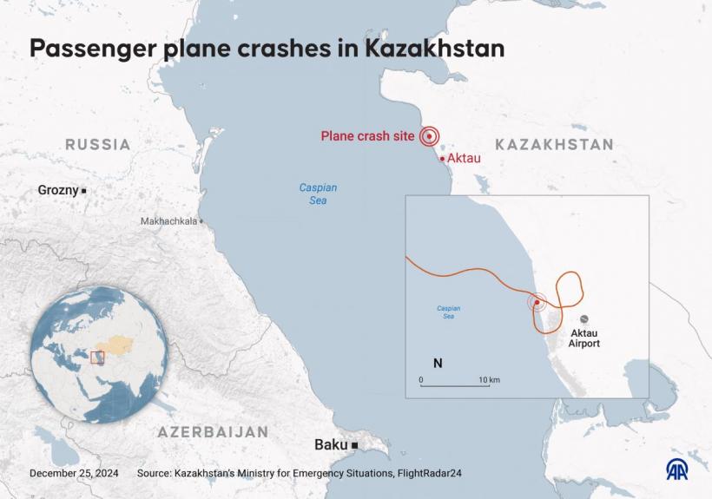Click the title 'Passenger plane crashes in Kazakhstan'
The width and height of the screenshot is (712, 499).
[267, 49]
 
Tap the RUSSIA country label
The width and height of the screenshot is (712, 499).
[98, 145]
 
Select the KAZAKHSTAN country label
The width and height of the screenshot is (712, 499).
[554, 145]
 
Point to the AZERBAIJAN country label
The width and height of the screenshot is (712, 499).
[213, 431]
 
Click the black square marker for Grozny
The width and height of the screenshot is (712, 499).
[84, 190]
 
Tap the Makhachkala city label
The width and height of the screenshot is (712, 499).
[168, 221]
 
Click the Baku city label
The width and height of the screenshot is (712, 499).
[331, 445]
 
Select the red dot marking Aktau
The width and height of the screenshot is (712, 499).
[442, 159]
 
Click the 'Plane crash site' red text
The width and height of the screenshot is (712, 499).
[367, 136]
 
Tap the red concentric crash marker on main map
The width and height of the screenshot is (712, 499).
[429, 136]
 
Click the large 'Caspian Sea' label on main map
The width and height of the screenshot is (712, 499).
[318, 194]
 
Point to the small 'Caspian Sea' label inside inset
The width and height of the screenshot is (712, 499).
[448, 312]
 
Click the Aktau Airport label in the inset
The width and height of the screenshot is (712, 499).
[583, 338]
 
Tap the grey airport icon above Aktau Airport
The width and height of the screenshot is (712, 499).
[584, 318]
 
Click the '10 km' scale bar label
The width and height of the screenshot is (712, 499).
[489, 380]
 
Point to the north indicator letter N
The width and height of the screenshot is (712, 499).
[438, 364]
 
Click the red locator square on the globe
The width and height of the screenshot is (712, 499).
[97, 358]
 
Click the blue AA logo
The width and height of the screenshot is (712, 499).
[677, 469]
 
